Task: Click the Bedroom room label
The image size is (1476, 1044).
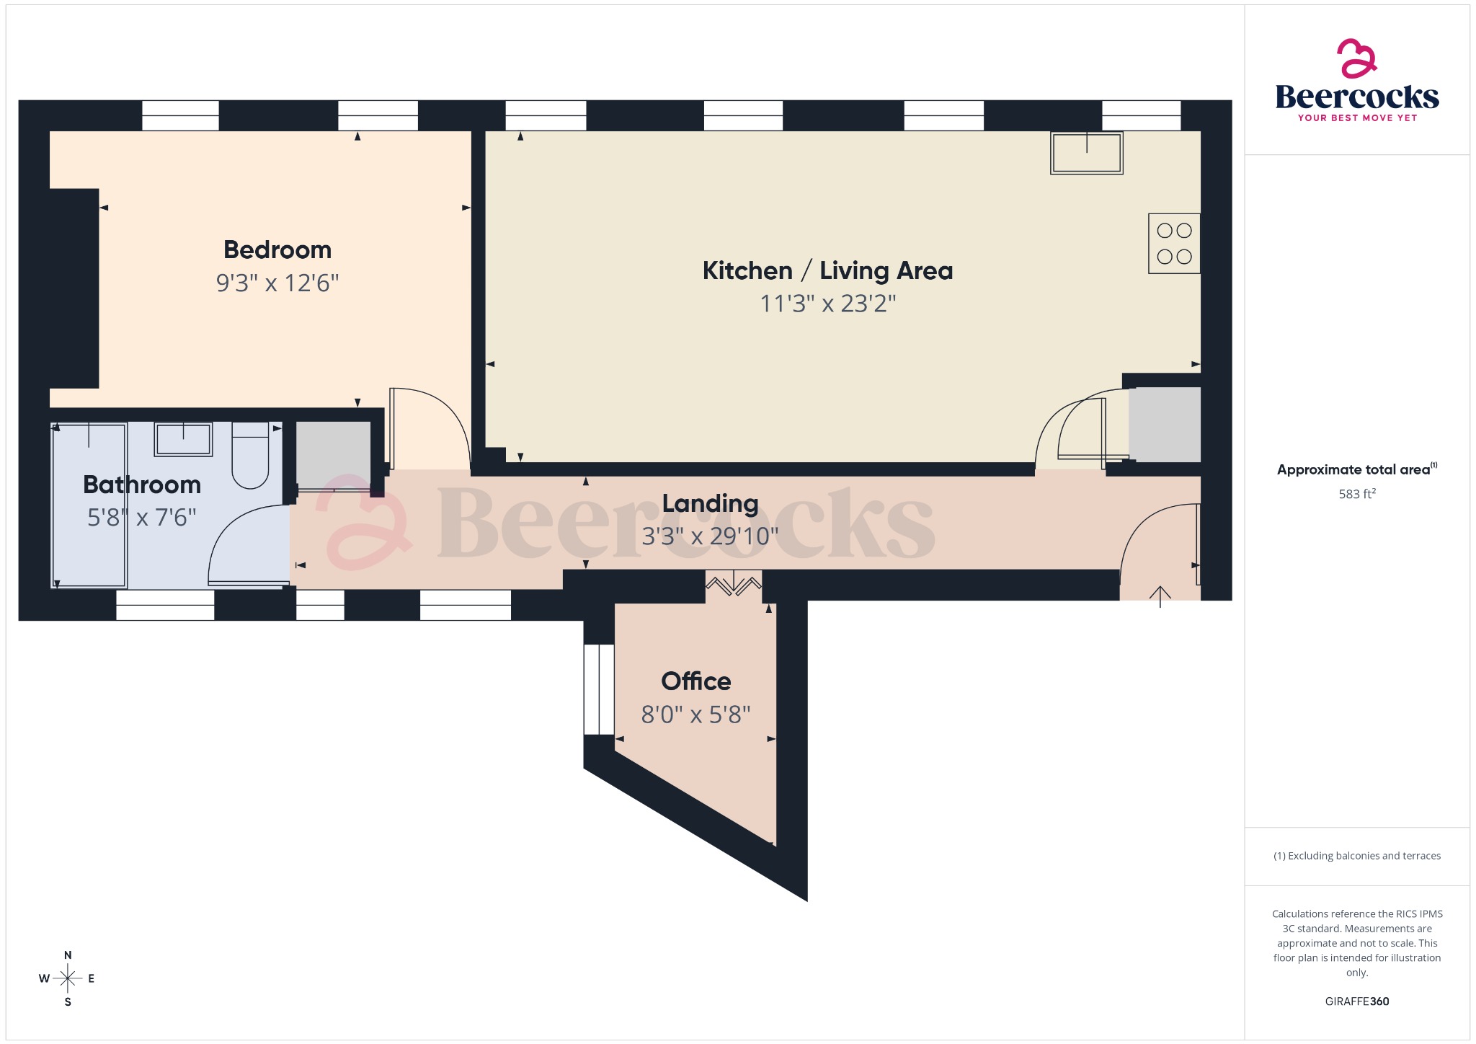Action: click(x=277, y=250)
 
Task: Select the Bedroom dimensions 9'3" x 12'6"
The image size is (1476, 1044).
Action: click(x=277, y=283)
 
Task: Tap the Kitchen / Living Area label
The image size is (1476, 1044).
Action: click(x=827, y=271)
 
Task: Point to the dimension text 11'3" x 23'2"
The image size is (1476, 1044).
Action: click(x=827, y=304)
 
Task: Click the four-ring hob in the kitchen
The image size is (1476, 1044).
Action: click(x=1174, y=244)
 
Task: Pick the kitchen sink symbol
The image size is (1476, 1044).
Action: click(x=1086, y=153)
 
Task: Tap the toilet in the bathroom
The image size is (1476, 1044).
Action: click(x=250, y=456)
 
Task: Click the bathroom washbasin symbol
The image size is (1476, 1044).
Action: click(x=183, y=439)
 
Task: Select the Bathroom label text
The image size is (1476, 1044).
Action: click(x=142, y=485)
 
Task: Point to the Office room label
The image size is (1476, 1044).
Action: click(x=696, y=681)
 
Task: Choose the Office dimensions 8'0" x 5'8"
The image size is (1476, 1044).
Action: click(x=696, y=715)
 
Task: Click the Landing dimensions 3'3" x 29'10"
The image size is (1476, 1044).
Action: click(x=710, y=536)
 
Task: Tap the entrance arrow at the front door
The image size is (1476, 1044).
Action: click(x=1160, y=596)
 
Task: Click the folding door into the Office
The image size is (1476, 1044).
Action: click(x=733, y=583)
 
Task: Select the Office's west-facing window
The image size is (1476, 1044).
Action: click(x=598, y=689)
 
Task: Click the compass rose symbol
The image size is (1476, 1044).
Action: click(x=68, y=978)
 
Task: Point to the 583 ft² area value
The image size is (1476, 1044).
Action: click(x=1357, y=495)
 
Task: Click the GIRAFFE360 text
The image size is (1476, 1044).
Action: click(x=1357, y=1001)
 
